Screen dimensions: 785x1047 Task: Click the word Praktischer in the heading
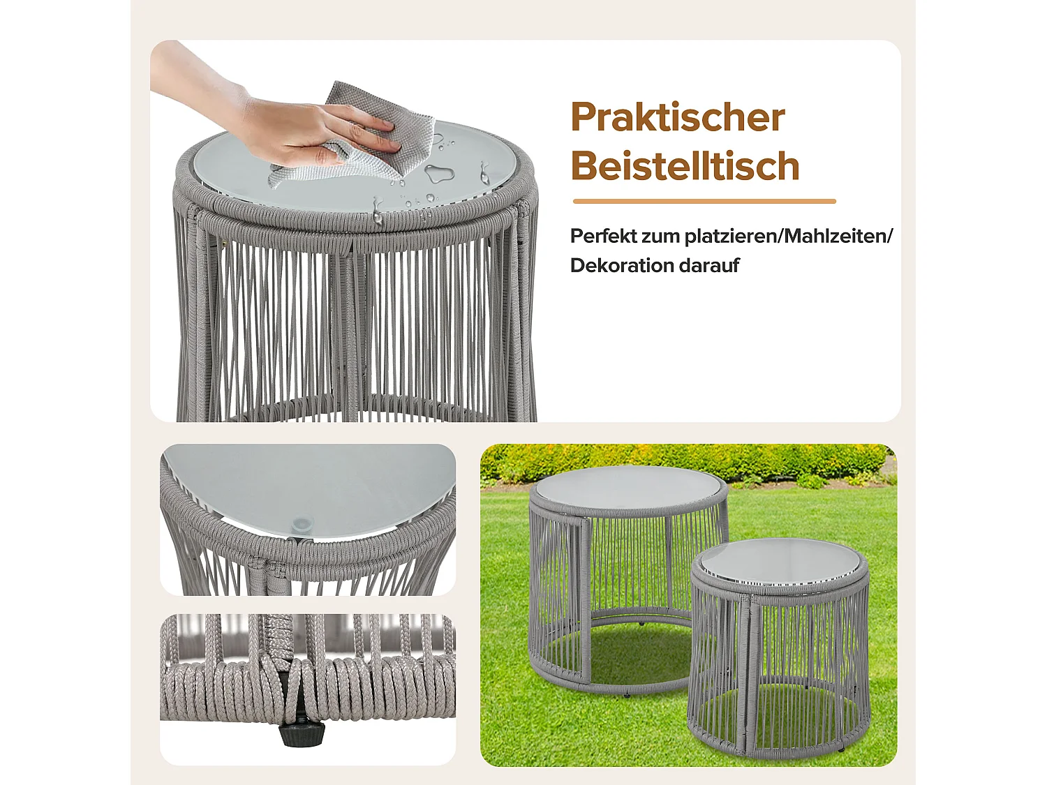[677, 117]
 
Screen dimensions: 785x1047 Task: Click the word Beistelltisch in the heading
[685, 166]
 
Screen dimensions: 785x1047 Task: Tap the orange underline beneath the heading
[704, 201]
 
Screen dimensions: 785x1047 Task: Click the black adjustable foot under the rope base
[302, 733]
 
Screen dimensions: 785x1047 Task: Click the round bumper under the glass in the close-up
[302, 523]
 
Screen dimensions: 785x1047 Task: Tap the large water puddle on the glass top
[438, 173]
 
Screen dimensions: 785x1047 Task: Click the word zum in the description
[661, 236]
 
